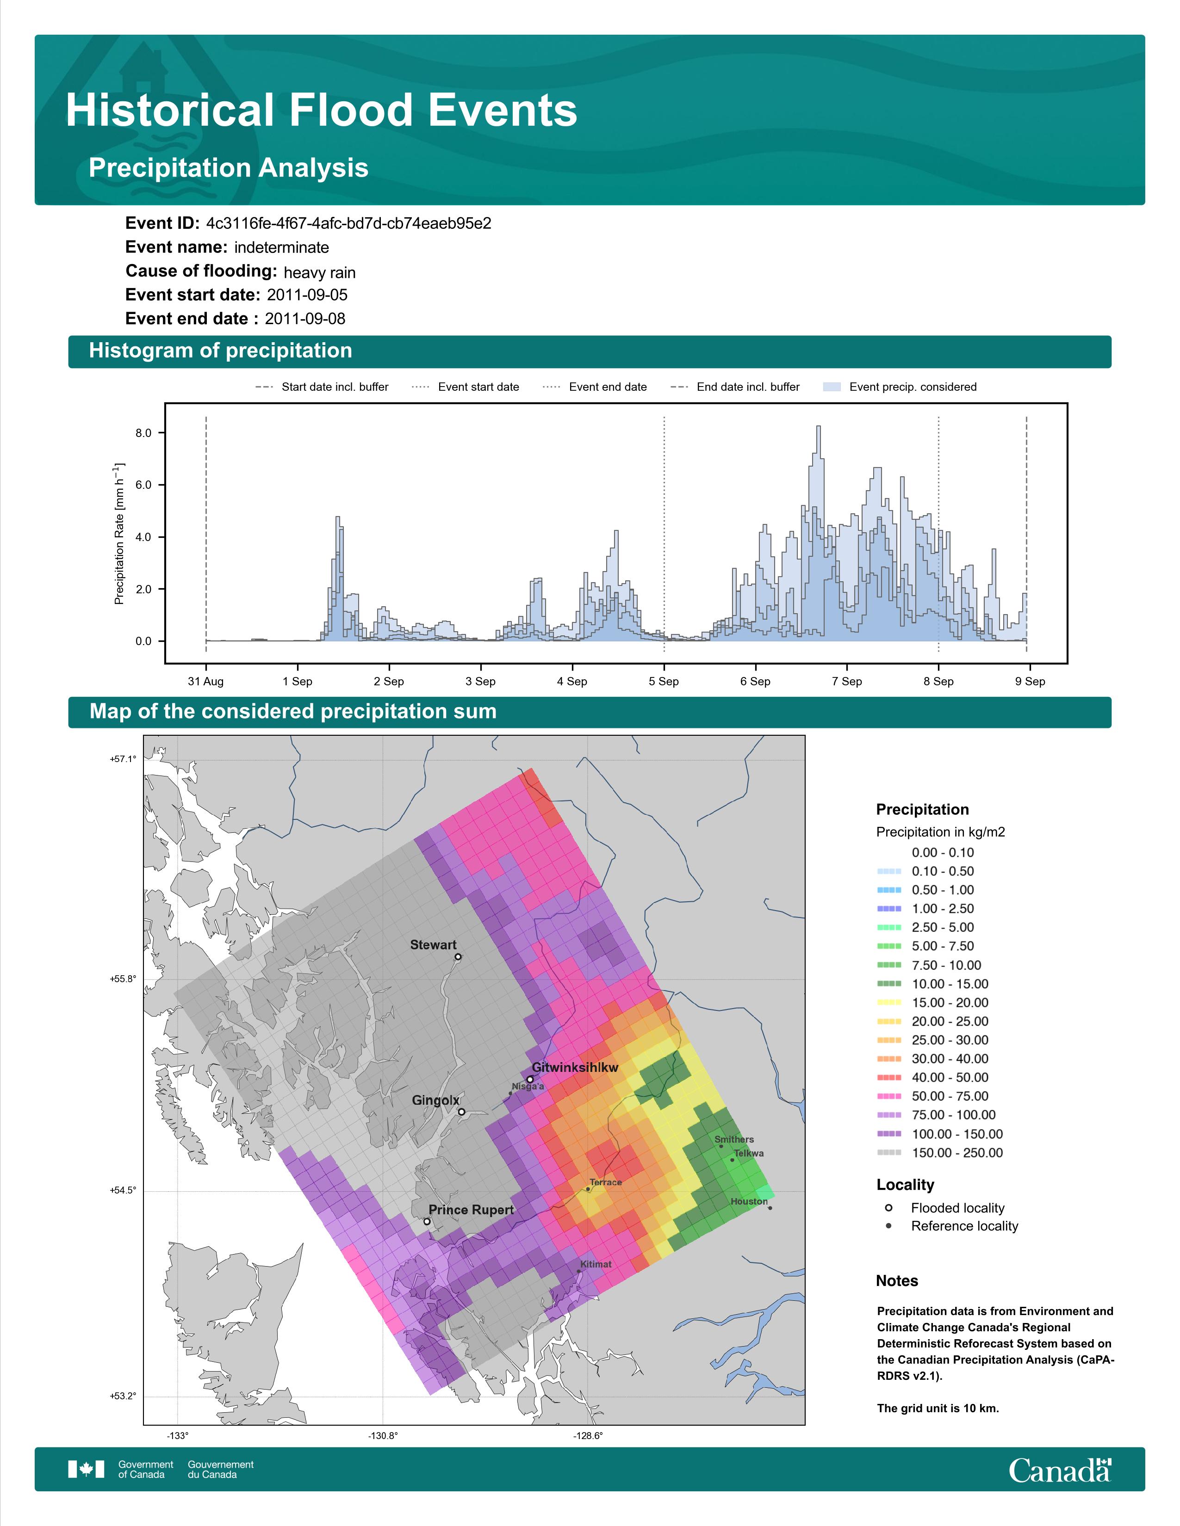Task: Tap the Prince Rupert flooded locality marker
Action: [427, 1221]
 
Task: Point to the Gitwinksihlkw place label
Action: [575, 1068]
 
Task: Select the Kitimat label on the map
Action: [596, 1264]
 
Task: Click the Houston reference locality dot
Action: [770, 1208]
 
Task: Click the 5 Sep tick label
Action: [664, 681]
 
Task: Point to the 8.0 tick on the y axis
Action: [143, 433]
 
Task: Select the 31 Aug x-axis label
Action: [205, 681]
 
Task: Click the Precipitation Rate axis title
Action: [119, 533]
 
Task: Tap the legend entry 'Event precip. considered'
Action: [912, 387]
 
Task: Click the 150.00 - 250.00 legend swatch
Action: [888, 1153]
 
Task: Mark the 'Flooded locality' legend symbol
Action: [888, 1208]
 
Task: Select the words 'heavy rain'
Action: [319, 272]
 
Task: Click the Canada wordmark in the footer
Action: [1059, 1470]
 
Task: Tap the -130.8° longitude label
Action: [383, 1435]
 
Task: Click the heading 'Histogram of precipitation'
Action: [220, 351]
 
